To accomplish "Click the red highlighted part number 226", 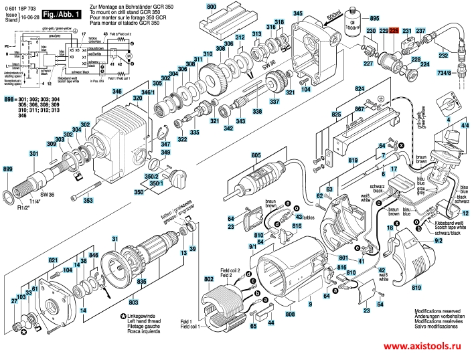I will coord(394,31).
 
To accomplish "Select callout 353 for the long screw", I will coord(88,200).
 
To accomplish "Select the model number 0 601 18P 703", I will coord(21,5).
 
